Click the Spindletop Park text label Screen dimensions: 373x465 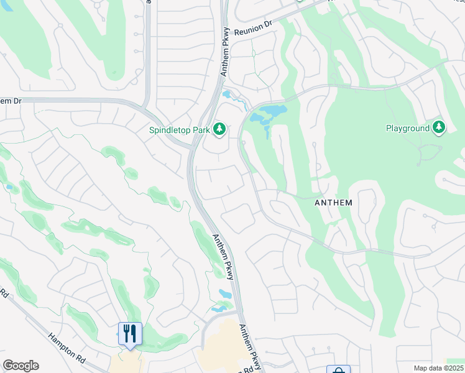[179, 130]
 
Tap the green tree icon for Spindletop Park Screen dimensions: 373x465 [219, 129]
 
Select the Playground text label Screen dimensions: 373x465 [408, 128]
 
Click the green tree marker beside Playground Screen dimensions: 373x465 [440, 127]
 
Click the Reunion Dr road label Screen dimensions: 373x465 [254, 28]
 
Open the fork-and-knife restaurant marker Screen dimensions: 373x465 [130, 334]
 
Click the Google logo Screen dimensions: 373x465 [21, 366]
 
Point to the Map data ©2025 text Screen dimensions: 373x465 [438, 368]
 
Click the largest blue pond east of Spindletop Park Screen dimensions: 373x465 [269, 114]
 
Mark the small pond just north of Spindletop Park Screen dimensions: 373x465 [228, 96]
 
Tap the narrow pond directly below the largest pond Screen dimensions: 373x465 [266, 132]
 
